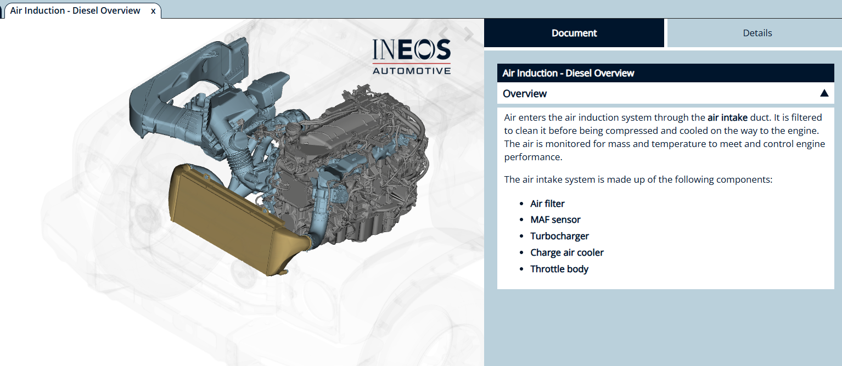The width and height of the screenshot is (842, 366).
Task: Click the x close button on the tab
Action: [x=153, y=11]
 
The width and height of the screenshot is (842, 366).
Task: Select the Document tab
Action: [x=574, y=33]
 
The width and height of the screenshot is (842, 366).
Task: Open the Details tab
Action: [x=757, y=33]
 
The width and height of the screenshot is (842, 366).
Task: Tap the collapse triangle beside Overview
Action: [x=824, y=93]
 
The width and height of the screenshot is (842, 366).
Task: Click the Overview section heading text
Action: [x=525, y=93]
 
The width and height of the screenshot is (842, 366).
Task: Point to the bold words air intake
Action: [x=727, y=117]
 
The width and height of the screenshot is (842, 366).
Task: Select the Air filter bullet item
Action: [x=547, y=204]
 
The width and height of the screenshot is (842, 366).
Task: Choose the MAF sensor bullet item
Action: [x=555, y=219]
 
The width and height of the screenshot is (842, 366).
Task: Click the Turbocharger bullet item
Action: [x=559, y=236]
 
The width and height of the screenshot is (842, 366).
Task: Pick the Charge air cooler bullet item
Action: [x=566, y=252]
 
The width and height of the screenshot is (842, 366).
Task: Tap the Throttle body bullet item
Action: [x=559, y=269]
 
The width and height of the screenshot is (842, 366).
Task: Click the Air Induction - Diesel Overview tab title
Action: [x=75, y=11]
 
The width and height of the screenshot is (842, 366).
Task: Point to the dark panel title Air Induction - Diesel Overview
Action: [x=568, y=73]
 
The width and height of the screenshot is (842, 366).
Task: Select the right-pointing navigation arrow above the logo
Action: [x=468, y=34]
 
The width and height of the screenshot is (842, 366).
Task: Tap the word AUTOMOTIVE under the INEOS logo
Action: [x=411, y=70]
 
